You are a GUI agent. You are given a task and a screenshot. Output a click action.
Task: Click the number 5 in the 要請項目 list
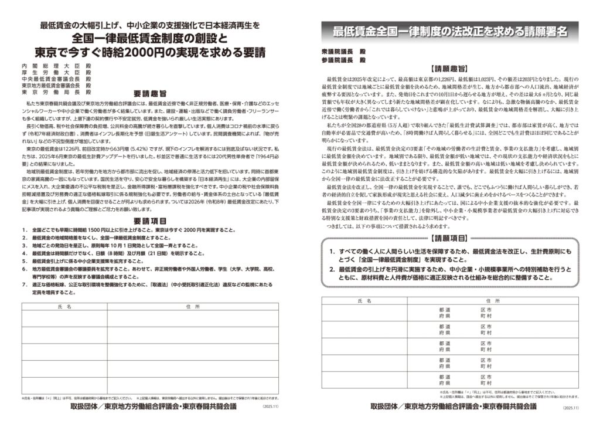(24, 260)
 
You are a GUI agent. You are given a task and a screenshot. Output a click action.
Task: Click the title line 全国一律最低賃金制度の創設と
(149, 38)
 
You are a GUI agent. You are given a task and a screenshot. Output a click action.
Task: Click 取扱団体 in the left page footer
(87, 405)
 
